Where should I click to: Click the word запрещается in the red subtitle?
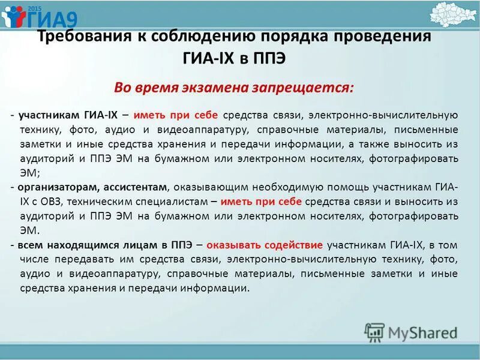coord(311,88)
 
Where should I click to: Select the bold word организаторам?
coord(52,187)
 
